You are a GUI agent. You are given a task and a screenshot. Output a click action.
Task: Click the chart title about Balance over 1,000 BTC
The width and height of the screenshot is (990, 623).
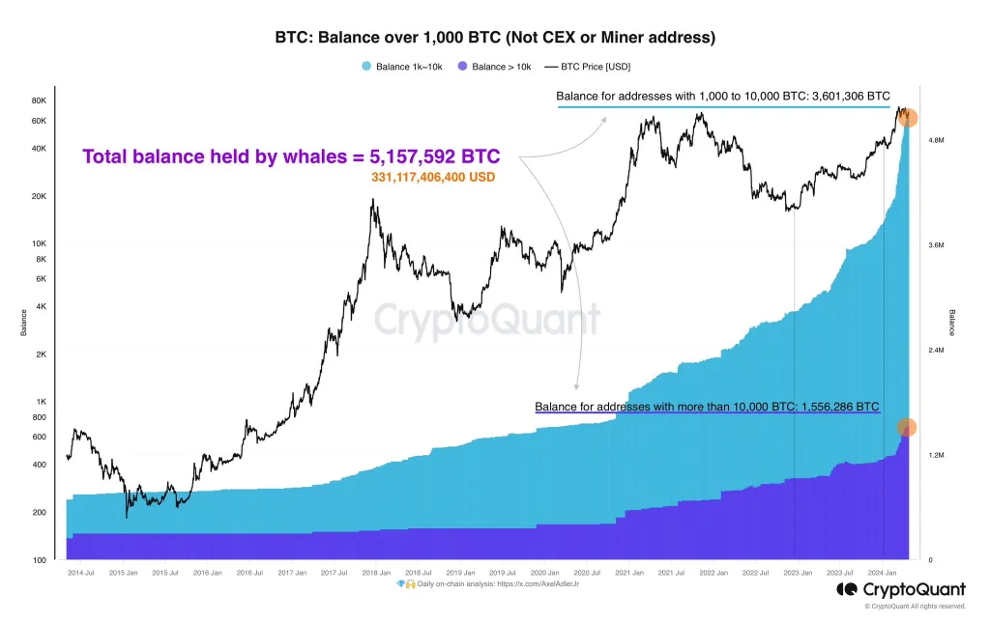tap(495, 38)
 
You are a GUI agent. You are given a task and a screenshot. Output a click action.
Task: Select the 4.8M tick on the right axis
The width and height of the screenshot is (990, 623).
tap(935, 140)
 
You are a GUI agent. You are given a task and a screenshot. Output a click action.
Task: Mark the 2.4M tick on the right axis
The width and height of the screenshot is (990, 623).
tap(935, 350)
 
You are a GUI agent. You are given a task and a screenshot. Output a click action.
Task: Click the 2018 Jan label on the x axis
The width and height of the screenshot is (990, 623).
tap(376, 573)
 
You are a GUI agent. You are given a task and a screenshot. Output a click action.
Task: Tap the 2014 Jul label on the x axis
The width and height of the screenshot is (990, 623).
tap(80, 573)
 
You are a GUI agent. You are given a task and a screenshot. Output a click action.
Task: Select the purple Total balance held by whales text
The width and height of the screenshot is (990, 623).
tap(291, 156)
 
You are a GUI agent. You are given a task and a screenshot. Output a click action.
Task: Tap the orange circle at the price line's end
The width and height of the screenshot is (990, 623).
tap(908, 118)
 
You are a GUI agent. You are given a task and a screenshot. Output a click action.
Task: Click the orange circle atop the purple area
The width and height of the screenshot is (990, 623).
tap(907, 428)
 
